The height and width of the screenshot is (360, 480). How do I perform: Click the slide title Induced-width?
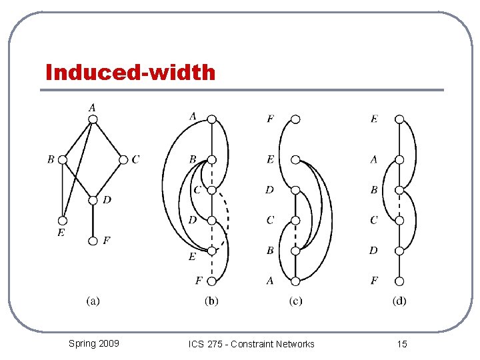tap(131, 72)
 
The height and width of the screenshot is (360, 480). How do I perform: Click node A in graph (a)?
tap(93, 119)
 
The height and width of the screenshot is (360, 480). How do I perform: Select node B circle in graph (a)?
tap(63, 159)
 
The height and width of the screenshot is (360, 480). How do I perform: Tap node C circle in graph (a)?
tap(123, 159)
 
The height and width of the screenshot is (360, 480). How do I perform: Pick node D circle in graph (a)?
tap(93, 200)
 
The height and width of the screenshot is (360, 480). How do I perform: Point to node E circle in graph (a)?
tap(63, 220)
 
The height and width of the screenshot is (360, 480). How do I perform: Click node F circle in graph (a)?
tap(93, 241)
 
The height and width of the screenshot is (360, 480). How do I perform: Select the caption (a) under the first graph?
tap(93, 301)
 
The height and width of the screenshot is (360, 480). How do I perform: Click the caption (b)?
tap(211, 301)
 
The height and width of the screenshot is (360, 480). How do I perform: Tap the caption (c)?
tap(295, 301)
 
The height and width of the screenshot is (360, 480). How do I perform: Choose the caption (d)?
tap(399, 301)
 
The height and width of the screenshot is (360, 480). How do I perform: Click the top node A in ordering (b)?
tap(211, 119)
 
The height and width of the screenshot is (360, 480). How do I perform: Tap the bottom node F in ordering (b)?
tap(211, 281)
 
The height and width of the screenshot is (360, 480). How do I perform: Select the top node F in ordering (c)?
tap(295, 119)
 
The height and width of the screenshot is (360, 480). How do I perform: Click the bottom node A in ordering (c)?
tap(295, 281)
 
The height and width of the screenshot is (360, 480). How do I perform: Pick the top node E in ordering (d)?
tap(399, 119)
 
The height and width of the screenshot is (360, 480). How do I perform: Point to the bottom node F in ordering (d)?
tap(399, 281)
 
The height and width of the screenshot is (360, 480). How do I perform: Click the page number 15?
tap(402, 344)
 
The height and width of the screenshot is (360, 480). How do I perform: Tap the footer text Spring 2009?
tap(94, 343)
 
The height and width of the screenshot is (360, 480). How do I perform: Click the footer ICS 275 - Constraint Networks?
tap(251, 344)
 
